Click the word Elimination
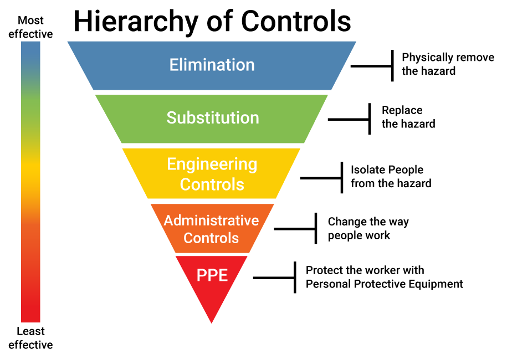212,65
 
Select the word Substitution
213,118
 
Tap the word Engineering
212,164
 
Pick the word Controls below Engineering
212,184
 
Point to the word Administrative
211,221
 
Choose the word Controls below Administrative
211,238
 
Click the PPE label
212,275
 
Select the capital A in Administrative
168,221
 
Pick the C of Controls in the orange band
188,238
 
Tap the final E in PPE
223,275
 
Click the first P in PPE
201,275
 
